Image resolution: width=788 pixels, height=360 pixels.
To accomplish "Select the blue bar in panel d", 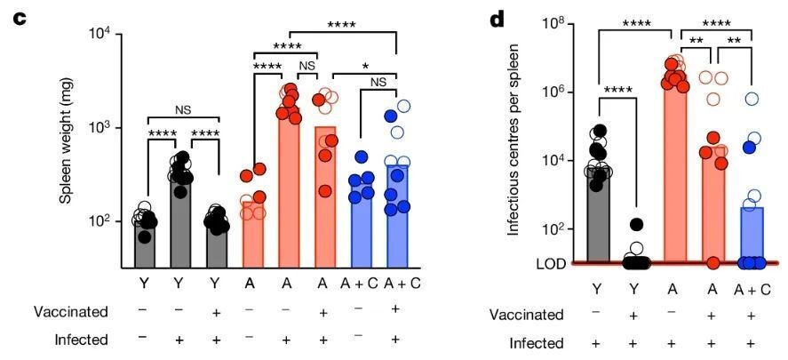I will click(752, 236).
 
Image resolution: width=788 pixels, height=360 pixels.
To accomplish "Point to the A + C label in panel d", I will click(752, 288).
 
